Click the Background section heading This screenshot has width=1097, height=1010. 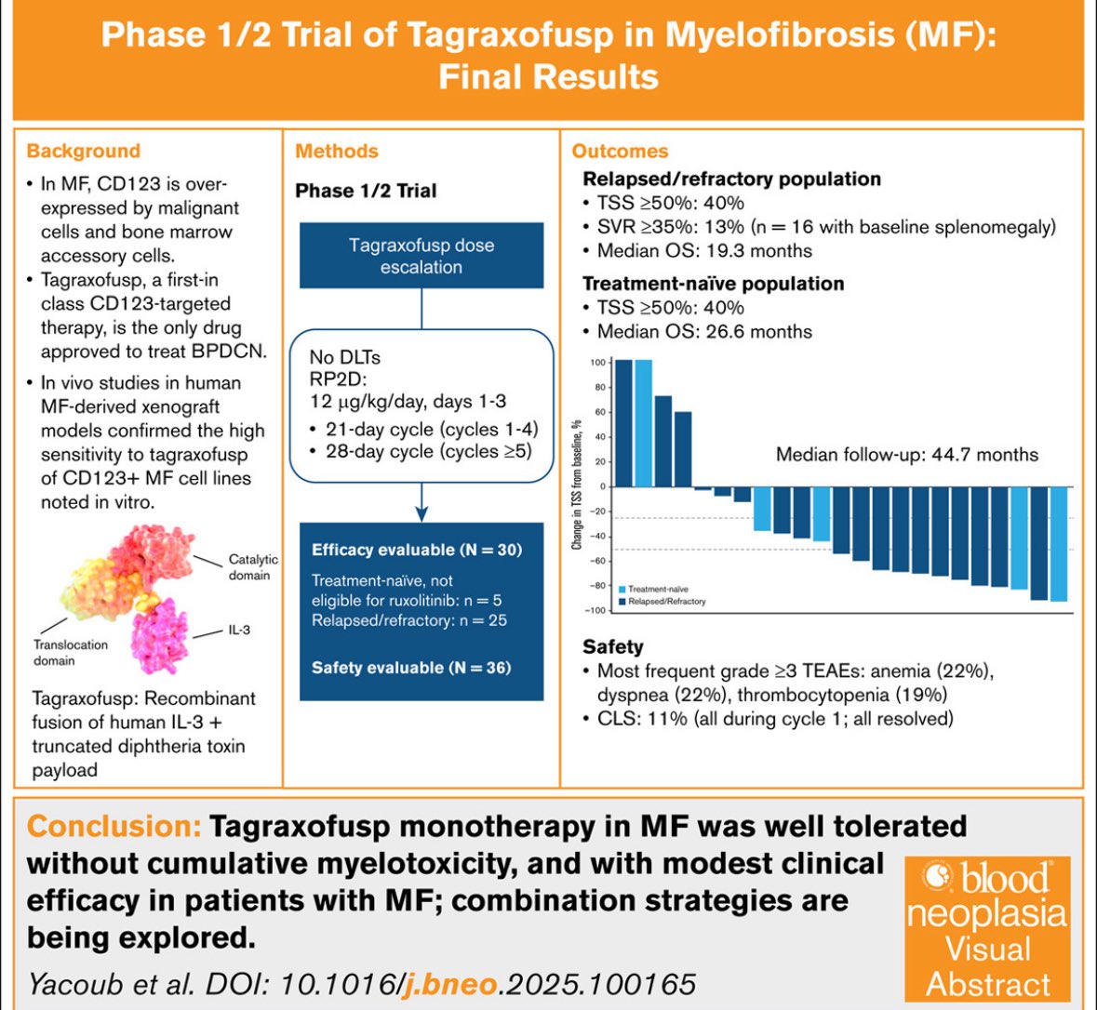(x=83, y=151)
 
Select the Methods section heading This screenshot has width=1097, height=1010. (x=337, y=151)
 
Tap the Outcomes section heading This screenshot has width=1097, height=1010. (x=620, y=151)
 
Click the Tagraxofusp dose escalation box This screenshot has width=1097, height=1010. (x=421, y=256)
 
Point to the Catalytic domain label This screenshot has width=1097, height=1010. (x=253, y=567)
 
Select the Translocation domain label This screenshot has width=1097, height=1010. (x=71, y=652)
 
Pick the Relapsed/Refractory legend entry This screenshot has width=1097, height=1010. (x=660, y=602)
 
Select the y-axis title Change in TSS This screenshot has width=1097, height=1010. (x=577, y=484)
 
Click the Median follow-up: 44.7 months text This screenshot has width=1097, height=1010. (x=906, y=455)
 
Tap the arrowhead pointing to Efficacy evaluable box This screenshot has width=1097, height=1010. (x=421, y=513)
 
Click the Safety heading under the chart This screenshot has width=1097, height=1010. (x=613, y=646)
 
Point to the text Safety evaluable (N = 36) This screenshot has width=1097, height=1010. (x=411, y=668)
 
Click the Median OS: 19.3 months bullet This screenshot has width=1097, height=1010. (x=703, y=251)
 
